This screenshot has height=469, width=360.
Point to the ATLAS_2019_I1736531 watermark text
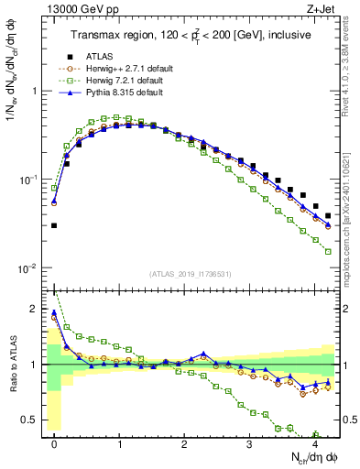[x=190, y=274]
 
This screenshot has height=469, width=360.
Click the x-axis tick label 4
[x=314, y=443]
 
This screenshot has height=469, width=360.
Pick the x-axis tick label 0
[x=54, y=443]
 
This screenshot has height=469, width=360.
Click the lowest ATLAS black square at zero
[x=54, y=225]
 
